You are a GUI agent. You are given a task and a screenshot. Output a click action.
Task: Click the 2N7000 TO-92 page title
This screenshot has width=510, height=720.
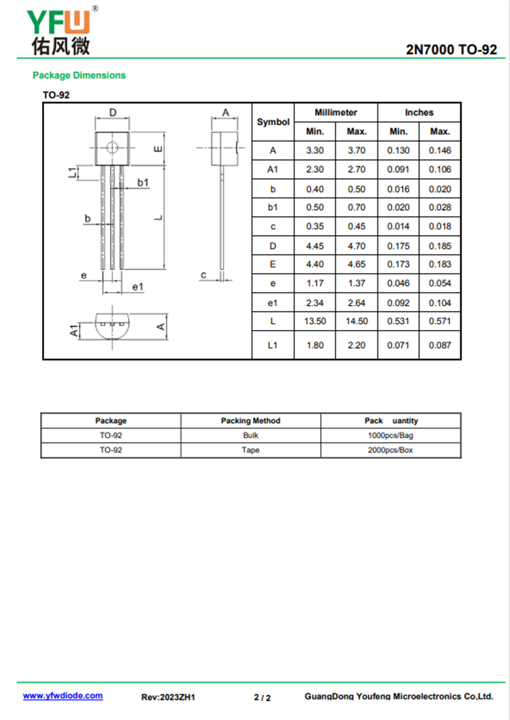pos(451,50)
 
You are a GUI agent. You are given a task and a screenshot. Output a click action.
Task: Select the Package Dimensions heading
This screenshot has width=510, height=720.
pos(79,75)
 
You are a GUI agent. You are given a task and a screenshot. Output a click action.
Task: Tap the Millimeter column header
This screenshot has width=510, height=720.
pos(336,112)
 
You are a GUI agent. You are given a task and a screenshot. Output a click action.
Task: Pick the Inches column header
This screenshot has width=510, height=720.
pos(419,112)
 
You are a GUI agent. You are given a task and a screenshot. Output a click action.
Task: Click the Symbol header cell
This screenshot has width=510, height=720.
pos(273,121)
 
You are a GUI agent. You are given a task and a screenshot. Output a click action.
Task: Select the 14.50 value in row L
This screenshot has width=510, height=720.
pos(356,321)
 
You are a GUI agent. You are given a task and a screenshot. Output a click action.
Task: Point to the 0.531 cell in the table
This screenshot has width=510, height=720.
pos(398,321)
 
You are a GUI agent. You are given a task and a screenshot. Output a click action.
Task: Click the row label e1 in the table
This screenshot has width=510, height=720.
pos(273,303)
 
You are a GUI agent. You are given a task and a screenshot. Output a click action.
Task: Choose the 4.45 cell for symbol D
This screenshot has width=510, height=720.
pos(315,246)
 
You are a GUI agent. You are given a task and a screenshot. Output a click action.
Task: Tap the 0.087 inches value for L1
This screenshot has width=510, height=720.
pos(440,345)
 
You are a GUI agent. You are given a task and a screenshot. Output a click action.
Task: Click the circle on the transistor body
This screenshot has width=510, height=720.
pos(113,147)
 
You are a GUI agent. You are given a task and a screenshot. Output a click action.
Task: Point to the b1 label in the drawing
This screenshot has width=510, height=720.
pos(143,183)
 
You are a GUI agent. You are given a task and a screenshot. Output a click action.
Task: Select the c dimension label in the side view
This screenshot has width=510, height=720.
pos(203,275)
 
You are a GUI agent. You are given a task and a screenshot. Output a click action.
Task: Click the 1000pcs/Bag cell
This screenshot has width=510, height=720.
pos(390,435)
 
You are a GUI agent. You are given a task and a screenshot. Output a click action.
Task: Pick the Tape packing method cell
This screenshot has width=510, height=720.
pos(251,450)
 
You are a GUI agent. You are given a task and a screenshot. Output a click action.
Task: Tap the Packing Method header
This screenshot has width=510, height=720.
pos(251,421)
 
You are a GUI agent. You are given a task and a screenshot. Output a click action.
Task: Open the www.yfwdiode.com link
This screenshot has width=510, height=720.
pos(62,696)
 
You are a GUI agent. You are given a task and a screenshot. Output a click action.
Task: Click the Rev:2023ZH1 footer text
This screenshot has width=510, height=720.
pos(168,697)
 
